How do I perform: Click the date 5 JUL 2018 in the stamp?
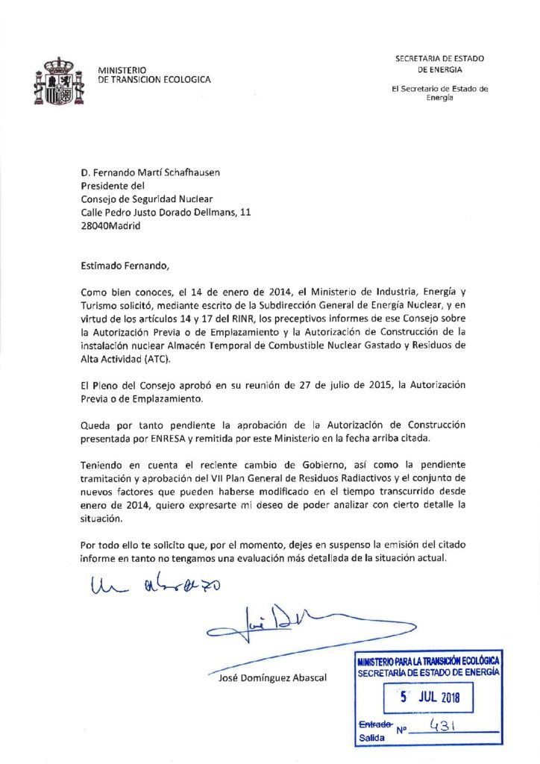431,698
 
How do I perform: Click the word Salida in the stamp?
371,737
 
